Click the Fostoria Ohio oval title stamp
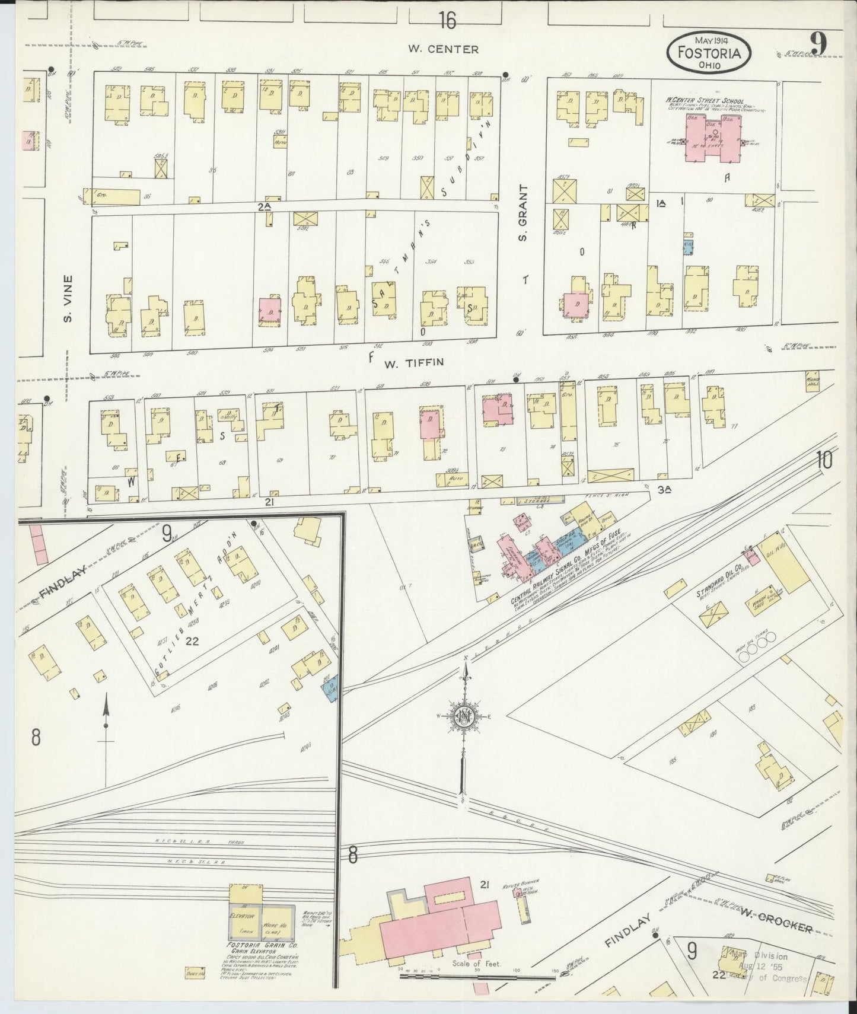tap(709, 52)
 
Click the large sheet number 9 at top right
tap(820, 43)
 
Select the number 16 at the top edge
tap(448, 21)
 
